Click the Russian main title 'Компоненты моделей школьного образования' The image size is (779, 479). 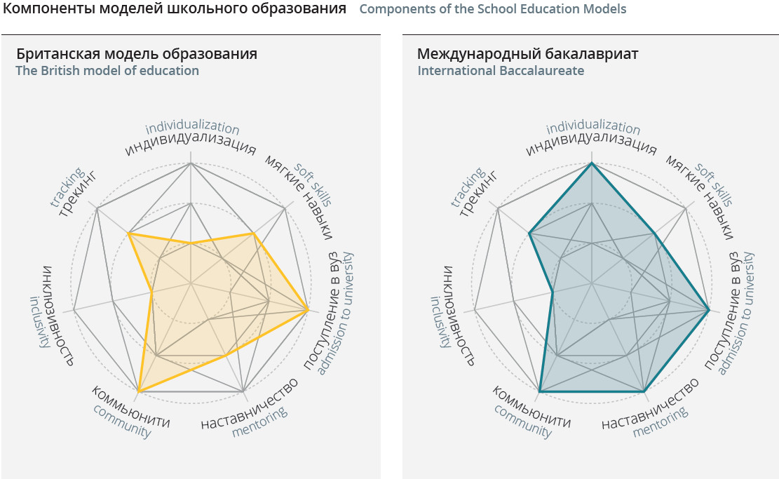(x=175, y=9)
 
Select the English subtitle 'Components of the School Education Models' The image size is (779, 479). (x=492, y=10)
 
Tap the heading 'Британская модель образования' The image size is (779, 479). (x=137, y=54)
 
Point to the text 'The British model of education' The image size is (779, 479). (x=107, y=71)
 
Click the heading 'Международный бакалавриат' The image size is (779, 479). (x=528, y=54)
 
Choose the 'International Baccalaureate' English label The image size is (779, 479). (x=501, y=71)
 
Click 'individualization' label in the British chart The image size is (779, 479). (x=193, y=128)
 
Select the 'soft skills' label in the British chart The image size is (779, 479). (x=312, y=184)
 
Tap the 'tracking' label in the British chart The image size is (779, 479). (x=67, y=187)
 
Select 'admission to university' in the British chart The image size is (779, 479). (x=344, y=311)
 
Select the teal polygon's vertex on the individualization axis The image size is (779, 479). (x=592, y=163)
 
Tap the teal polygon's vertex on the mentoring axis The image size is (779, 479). (x=644, y=390)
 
